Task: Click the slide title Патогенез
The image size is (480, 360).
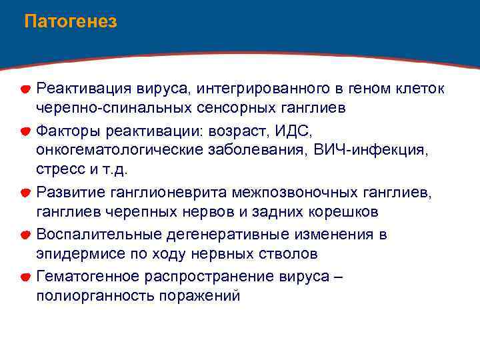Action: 70,22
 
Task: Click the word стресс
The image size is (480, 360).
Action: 59,171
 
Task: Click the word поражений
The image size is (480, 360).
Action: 199,296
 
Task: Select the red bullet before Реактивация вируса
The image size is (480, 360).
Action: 23,89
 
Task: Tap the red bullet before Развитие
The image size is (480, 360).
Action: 23,193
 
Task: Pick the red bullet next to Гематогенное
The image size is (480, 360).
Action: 23,277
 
